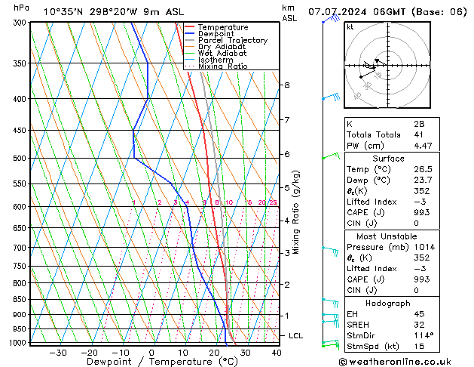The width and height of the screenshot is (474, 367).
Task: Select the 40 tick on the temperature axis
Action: click(276, 353)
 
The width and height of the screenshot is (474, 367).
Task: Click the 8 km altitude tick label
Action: click(286, 85)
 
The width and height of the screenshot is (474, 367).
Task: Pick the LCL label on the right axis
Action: click(296, 335)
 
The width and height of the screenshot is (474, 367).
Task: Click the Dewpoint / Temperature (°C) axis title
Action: click(151, 362)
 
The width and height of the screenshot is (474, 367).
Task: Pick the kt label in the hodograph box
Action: click(350, 27)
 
